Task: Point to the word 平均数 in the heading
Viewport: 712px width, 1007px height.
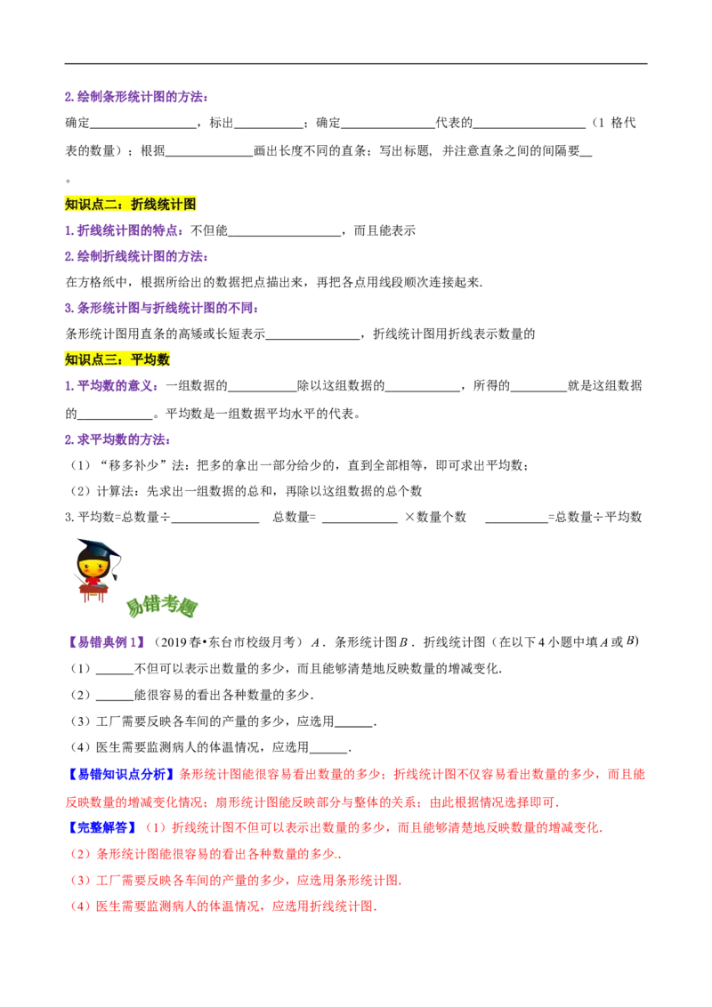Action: (x=150, y=359)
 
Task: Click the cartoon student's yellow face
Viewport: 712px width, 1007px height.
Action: (x=93, y=563)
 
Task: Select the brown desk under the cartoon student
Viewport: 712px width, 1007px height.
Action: (x=92, y=591)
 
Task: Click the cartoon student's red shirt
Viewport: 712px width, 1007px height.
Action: (x=93, y=579)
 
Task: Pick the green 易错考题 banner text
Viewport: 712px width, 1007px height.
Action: (x=162, y=607)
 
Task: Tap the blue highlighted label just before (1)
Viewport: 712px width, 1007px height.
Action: (x=102, y=827)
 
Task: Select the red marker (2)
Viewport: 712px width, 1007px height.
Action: (x=78, y=855)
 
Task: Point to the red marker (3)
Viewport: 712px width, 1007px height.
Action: (x=78, y=882)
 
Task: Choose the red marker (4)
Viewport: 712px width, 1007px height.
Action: (x=78, y=907)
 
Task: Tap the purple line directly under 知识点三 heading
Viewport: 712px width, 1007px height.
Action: (x=112, y=387)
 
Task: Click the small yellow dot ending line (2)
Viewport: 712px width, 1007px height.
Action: (x=337, y=858)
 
